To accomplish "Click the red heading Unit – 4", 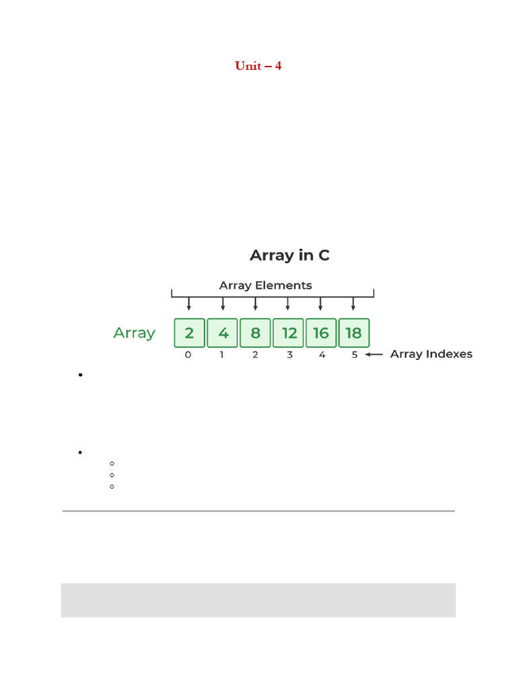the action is [x=258, y=66].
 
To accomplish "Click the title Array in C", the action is [x=289, y=256].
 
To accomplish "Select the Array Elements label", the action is [x=265, y=285].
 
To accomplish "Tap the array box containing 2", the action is [x=189, y=333].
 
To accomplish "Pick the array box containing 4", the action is [x=222, y=333].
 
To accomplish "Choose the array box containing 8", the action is [x=255, y=333].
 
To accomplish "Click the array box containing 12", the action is [x=288, y=333].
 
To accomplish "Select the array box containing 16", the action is [x=321, y=333].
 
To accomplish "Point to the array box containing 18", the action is [x=353, y=333].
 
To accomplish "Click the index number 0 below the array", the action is [x=188, y=355].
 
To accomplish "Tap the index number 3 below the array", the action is [x=289, y=355].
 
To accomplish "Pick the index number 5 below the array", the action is [x=355, y=355].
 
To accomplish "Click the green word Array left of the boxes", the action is [x=134, y=333].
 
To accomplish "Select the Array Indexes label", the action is [x=431, y=354].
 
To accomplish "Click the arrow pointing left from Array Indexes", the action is [x=374, y=354].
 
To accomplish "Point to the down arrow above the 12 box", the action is [x=287, y=303].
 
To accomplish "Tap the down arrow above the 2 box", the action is [x=189, y=303].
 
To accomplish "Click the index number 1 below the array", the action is [x=221, y=355].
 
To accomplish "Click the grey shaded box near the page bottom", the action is [x=258, y=600].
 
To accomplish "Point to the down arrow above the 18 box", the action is [x=353, y=303].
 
